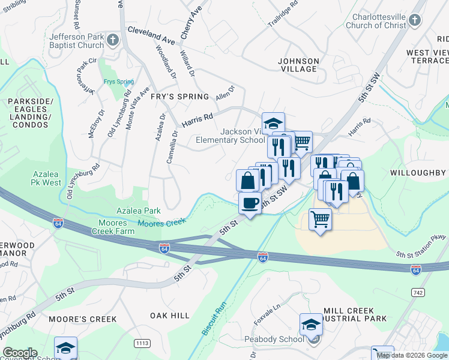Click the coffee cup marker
click(250, 203)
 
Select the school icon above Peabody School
click(310, 325)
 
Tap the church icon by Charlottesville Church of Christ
click(414, 22)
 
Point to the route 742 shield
click(418, 292)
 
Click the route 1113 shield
click(142, 343)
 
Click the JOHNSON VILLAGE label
click(298, 65)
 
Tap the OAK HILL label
click(170, 316)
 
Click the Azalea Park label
click(139, 211)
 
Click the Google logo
click(20, 353)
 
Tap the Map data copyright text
click(412, 355)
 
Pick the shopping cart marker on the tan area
click(321, 219)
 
